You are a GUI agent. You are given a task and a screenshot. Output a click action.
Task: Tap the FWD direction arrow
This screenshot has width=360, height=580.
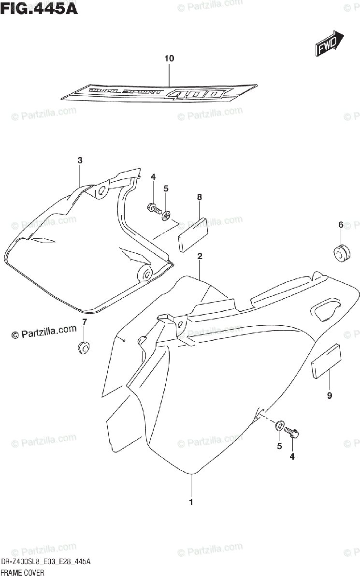330,44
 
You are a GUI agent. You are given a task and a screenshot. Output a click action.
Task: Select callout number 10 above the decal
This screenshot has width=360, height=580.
169,58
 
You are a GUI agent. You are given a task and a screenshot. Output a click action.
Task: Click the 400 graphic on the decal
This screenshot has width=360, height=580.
196,93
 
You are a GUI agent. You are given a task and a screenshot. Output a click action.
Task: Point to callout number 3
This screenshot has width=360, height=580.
80,160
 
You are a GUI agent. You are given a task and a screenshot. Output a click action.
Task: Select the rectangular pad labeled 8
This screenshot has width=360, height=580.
192,234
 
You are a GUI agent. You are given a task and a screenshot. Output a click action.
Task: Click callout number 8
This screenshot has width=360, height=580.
199,197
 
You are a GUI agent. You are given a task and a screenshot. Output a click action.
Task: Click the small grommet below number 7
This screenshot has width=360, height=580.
84,347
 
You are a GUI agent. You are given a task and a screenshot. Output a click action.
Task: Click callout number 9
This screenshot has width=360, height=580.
330,396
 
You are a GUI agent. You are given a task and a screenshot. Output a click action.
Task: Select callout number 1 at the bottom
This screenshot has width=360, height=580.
191,502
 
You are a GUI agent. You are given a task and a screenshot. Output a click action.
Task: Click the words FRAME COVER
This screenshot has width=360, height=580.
23,573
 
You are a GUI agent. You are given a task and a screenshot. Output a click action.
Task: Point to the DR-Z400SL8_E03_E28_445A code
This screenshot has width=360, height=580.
46,562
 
